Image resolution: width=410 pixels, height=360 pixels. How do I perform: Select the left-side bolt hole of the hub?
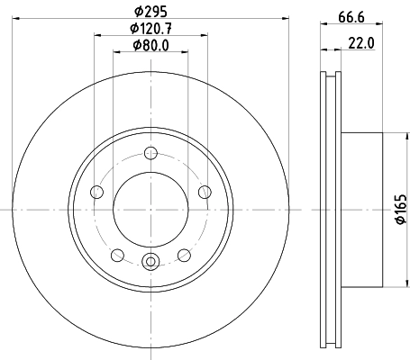96,191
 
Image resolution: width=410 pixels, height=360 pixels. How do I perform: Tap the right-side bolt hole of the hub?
205,190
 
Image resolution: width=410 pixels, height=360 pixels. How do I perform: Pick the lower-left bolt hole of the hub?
117,255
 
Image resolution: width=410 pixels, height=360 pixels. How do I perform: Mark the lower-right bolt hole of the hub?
185,255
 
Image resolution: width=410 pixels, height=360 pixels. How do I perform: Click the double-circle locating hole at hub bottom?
150,262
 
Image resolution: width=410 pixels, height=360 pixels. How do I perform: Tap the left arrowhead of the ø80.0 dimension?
115,53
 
